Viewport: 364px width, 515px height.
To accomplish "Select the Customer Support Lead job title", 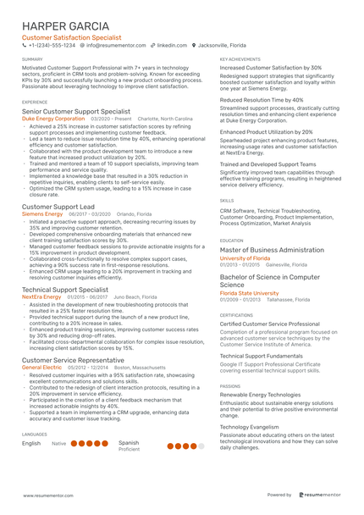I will [x=58, y=206].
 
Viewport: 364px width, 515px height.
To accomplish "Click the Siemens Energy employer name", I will [x=42, y=214].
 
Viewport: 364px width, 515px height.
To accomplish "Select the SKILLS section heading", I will [x=227, y=200].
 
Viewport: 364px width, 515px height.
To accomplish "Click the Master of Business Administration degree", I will [x=272, y=250].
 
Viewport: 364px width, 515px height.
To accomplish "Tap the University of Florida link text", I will [x=245, y=257].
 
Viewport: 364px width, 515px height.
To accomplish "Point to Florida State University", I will [x=251, y=293].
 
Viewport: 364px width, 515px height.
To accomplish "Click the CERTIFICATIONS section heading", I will [x=236, y=314].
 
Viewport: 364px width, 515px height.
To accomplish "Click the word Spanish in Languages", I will [x=129, y=442].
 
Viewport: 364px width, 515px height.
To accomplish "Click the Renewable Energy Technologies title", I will [x=260, y=394].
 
